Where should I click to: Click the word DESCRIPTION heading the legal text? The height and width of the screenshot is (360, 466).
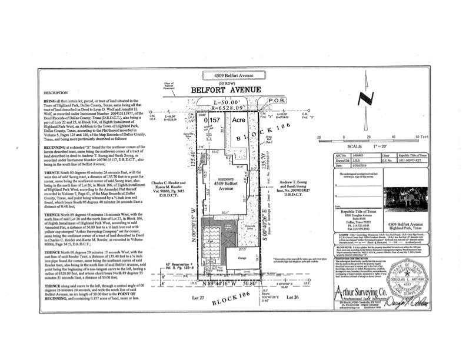55,93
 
